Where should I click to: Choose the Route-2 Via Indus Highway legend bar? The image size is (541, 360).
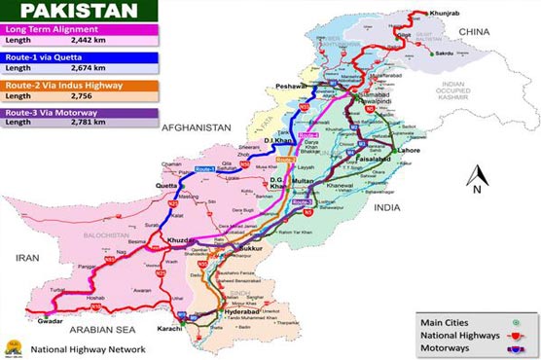78,87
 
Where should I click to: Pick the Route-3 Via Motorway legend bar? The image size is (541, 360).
78,114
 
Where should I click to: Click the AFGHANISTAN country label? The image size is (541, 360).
196,127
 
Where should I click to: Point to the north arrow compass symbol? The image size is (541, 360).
474,180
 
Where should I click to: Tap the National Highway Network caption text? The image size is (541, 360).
88,348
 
